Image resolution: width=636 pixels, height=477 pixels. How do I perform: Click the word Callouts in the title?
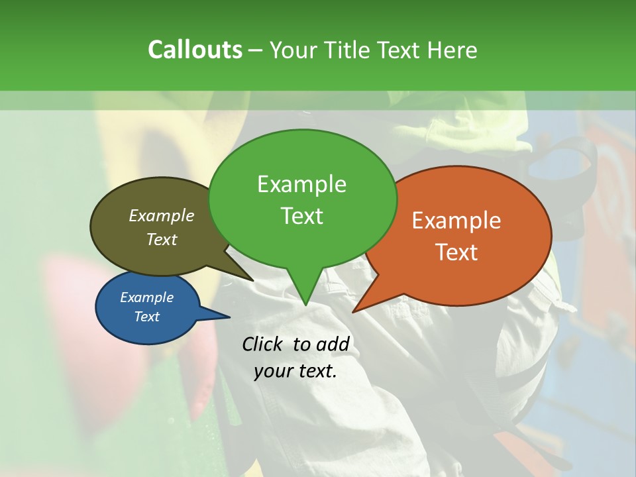coord(195,50)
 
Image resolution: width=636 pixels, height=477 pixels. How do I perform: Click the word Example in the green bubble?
coord(301,184)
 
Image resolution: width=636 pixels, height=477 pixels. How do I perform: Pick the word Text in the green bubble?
coord(301,215)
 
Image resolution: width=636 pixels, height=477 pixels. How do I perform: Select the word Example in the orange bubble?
coord(456,221)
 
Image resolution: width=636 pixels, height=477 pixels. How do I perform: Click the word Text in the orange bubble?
coord(456,252)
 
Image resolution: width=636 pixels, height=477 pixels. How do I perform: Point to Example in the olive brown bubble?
coord(161,215)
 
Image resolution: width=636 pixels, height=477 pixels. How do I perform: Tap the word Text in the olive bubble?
coord(161,239)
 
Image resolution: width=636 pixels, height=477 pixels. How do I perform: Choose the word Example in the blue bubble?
coord(146,297)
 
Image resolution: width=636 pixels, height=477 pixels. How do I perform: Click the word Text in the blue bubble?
coord(146,317)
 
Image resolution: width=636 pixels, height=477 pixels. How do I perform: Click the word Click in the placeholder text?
coord(264,344)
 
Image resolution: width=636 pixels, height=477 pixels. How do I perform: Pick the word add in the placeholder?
coord(332,344)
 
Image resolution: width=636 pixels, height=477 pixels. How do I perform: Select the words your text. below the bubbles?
coord(295,371)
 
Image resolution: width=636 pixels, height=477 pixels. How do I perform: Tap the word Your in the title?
coord(291,50)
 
